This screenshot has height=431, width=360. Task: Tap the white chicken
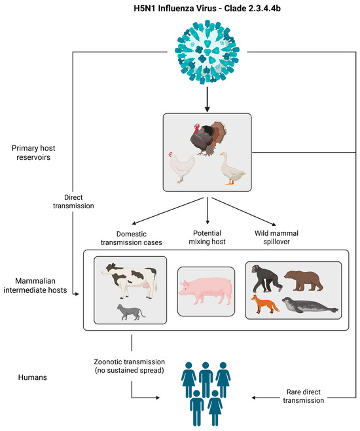[181, 170]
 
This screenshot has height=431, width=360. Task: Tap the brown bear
[312, 278]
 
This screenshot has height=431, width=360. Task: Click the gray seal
[308, 305]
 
